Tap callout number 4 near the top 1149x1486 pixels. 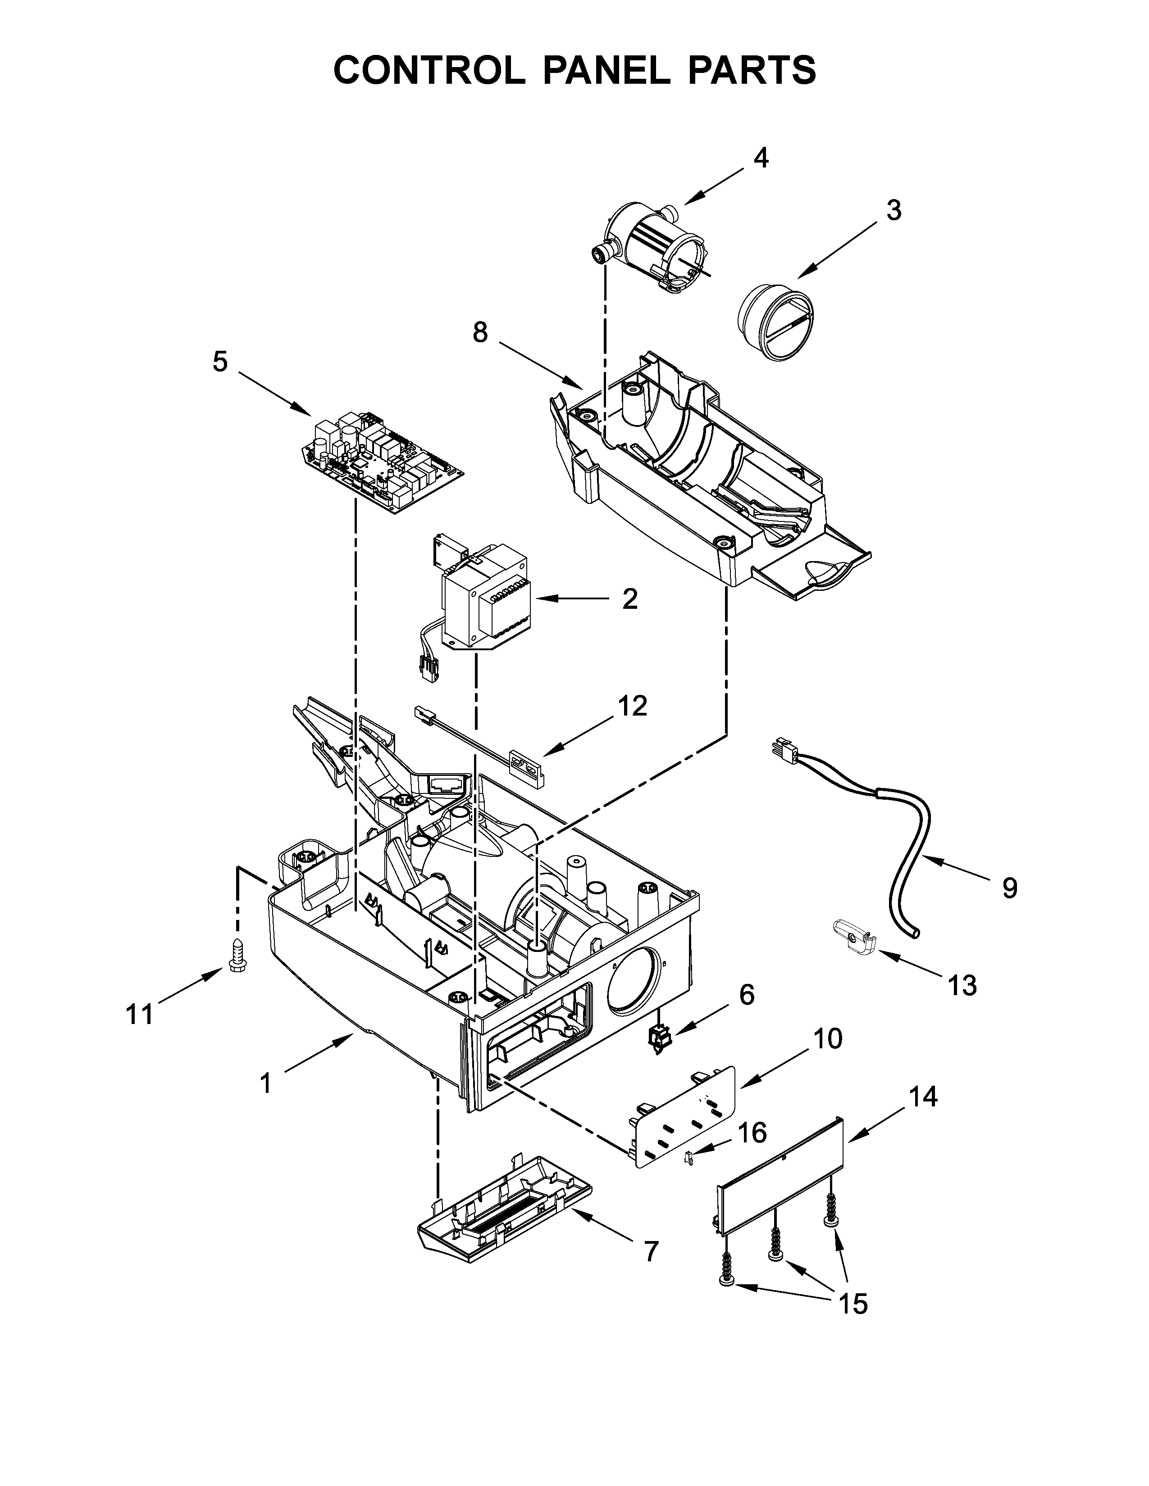[x=760, y=158]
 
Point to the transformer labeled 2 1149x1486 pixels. [x=485, y=599]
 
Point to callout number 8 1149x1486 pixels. [x=481, y=333]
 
